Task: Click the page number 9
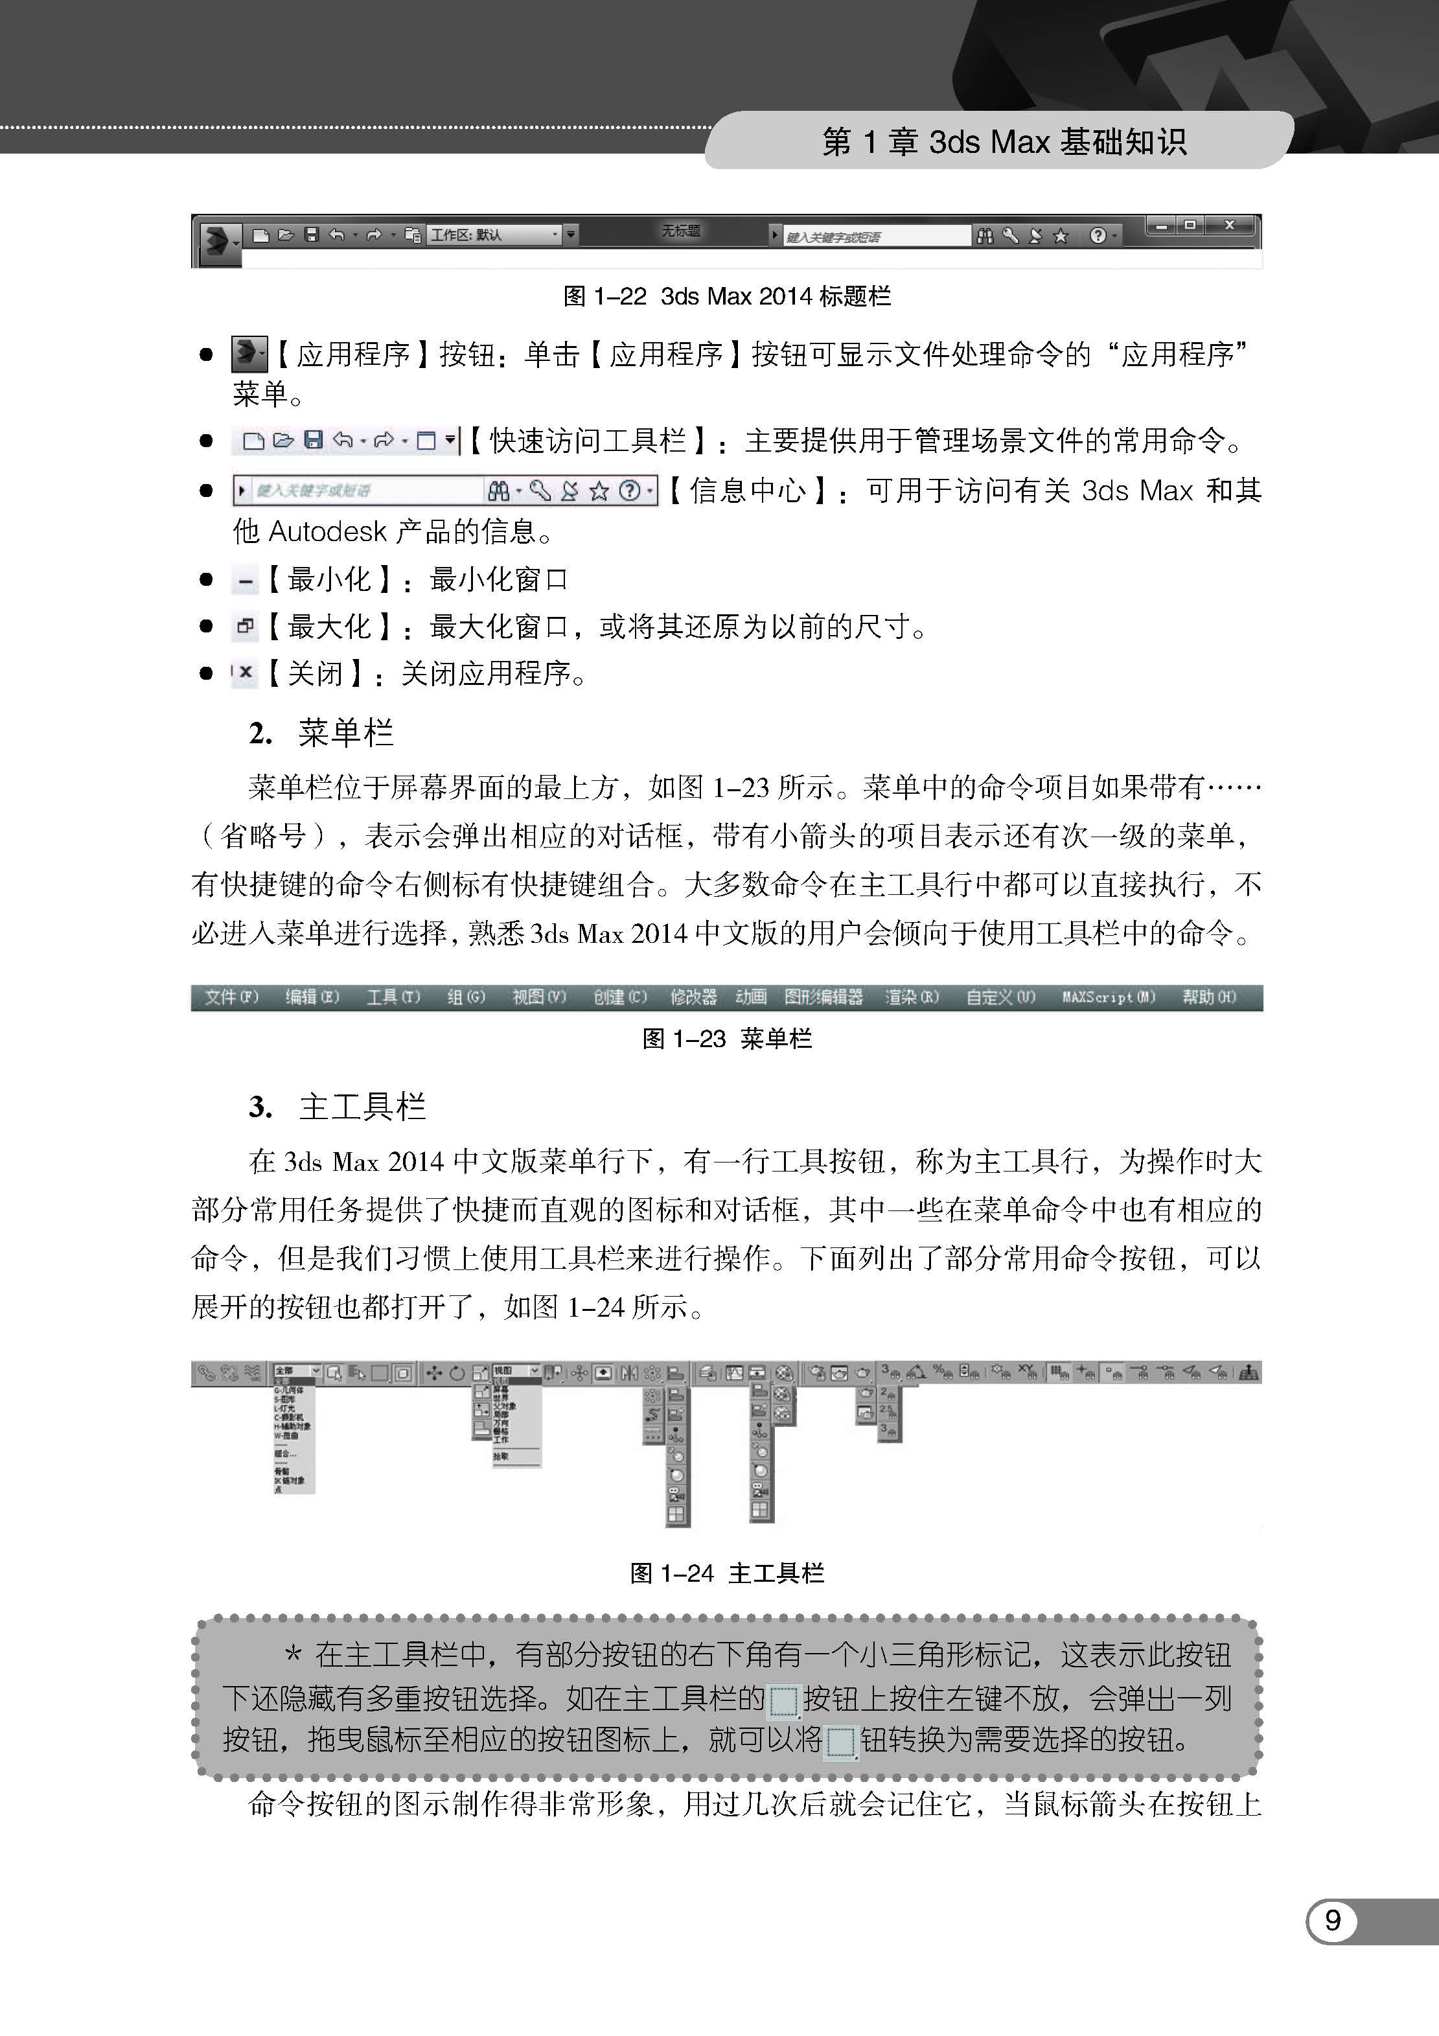[x=1331, y=1920]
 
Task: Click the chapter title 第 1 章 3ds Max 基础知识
[x=1004, y=142]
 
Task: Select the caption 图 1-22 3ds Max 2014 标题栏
[x=726, y=296]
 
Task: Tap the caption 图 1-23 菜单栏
[x=726, y=1038]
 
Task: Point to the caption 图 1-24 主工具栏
[x=726, y=1573]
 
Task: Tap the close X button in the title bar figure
[x=1229, y=226]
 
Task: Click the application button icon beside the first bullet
[x=248, y=354]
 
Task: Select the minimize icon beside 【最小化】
[x=246, y=582]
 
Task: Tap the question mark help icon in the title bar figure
[x=1098, y=236]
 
